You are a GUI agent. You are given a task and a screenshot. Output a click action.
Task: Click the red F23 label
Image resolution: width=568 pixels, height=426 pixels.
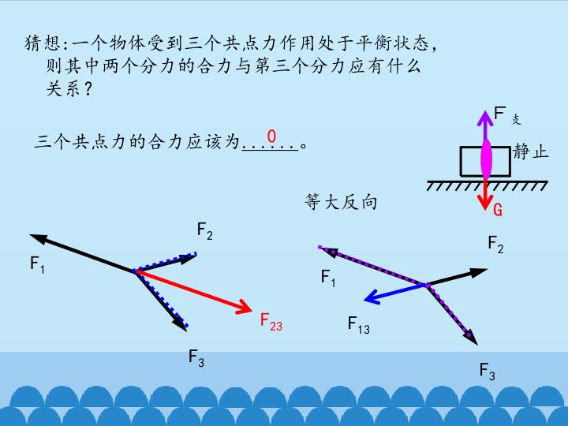(x=271, y=322)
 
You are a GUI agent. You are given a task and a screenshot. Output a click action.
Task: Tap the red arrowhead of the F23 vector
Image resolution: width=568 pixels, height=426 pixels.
(x=245, y=307)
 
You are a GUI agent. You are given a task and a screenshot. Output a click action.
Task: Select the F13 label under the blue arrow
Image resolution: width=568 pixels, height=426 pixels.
(x=359, y=325)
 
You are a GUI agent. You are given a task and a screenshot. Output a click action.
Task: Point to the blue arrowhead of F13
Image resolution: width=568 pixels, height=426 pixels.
(x=372, y=297)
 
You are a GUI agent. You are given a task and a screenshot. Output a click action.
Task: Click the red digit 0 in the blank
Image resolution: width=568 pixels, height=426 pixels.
(x=271, y=136)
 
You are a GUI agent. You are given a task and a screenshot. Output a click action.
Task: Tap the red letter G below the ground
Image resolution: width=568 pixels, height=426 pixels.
(x=498, y=210)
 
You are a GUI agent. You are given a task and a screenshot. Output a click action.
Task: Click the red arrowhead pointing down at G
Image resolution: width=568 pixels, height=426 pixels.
(x=484, y=202)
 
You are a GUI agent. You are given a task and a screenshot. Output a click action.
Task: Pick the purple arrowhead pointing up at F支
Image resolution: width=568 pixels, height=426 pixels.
(x=484, y=118)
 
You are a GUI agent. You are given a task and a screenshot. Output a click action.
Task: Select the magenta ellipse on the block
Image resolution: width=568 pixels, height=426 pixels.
(x=486, y=159)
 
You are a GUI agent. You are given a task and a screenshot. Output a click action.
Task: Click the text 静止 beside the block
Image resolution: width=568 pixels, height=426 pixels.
(x=530, y=151)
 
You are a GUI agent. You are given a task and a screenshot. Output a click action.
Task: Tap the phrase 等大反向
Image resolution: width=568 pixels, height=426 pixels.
(x=341, y=202)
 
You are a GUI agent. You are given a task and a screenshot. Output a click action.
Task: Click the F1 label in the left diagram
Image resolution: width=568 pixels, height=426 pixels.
(x=37, y=264)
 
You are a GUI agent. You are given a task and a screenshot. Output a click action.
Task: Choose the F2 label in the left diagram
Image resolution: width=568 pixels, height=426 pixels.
(x=204, y=230)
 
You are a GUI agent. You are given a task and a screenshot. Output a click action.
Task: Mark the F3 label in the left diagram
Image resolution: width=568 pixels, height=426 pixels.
(x=196, y=358)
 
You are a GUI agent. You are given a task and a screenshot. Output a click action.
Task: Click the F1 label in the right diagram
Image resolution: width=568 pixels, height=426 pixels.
(x=328, y=278)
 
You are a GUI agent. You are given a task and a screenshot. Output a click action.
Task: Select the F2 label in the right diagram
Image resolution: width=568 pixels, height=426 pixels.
(x=496, y=244)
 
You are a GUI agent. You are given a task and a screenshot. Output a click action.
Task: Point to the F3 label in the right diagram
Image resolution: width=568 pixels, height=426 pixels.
(x=488, y=372)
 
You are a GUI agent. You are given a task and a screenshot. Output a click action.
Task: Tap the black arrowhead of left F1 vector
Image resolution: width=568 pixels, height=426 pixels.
(x=39, y=238)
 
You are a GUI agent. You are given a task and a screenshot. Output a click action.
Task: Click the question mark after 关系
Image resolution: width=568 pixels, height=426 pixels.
(x=88, y=89)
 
